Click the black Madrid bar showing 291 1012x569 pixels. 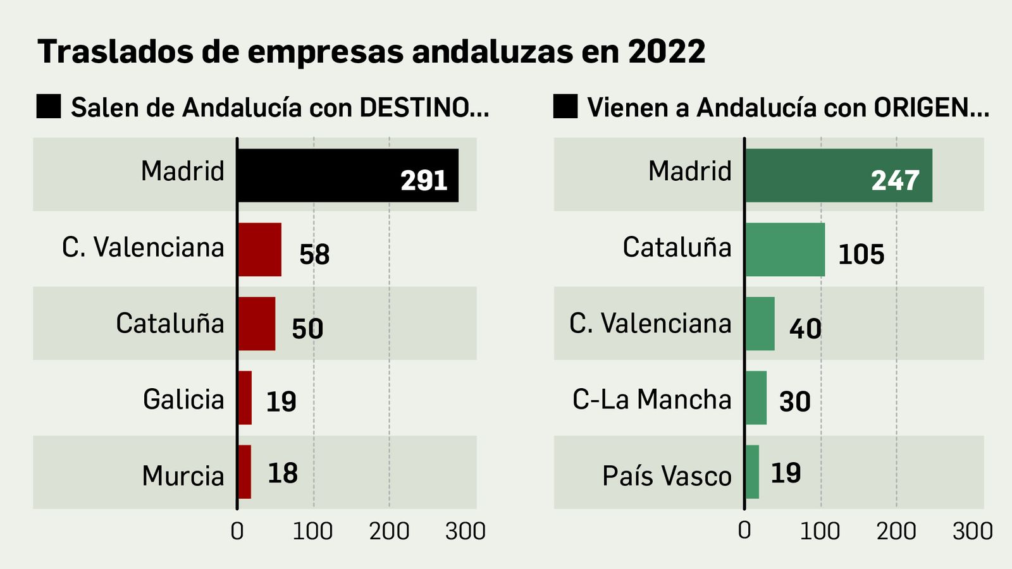point(348,175)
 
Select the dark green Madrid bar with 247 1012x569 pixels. point(839,175)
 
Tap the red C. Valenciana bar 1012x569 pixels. point(259,249)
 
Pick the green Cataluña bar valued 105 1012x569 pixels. point(785,249)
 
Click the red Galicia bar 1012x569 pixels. point(245,398)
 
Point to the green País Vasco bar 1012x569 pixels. point(752,472)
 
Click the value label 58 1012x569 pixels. point(314,255)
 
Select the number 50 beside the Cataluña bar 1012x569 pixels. point(307,329)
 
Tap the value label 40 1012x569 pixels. point(805,329)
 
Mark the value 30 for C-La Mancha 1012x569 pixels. point(794,401)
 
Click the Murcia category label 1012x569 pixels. point(183,476)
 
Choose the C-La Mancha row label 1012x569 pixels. point(651,400)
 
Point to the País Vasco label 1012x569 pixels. point(667,476)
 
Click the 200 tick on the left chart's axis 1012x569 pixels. point(389,532)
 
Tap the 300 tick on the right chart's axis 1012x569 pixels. point(972,532)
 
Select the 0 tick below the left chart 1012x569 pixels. point(237,532)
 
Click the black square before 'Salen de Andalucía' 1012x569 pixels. point(49,106)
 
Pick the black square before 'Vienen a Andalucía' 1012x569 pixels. point(565,106)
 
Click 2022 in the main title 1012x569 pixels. point(667,51)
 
